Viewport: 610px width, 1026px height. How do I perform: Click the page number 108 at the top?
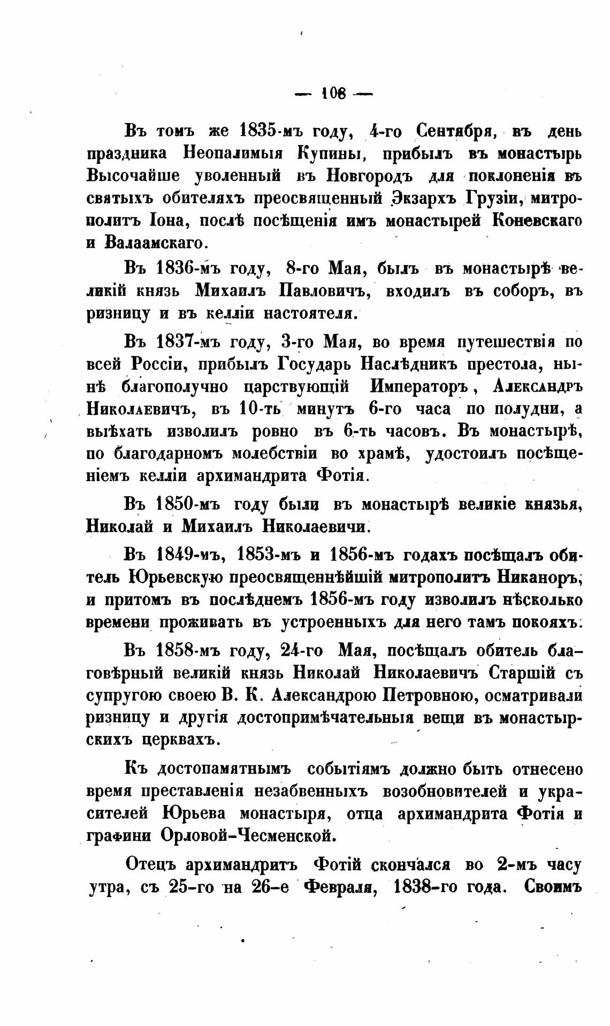point(334,94)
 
